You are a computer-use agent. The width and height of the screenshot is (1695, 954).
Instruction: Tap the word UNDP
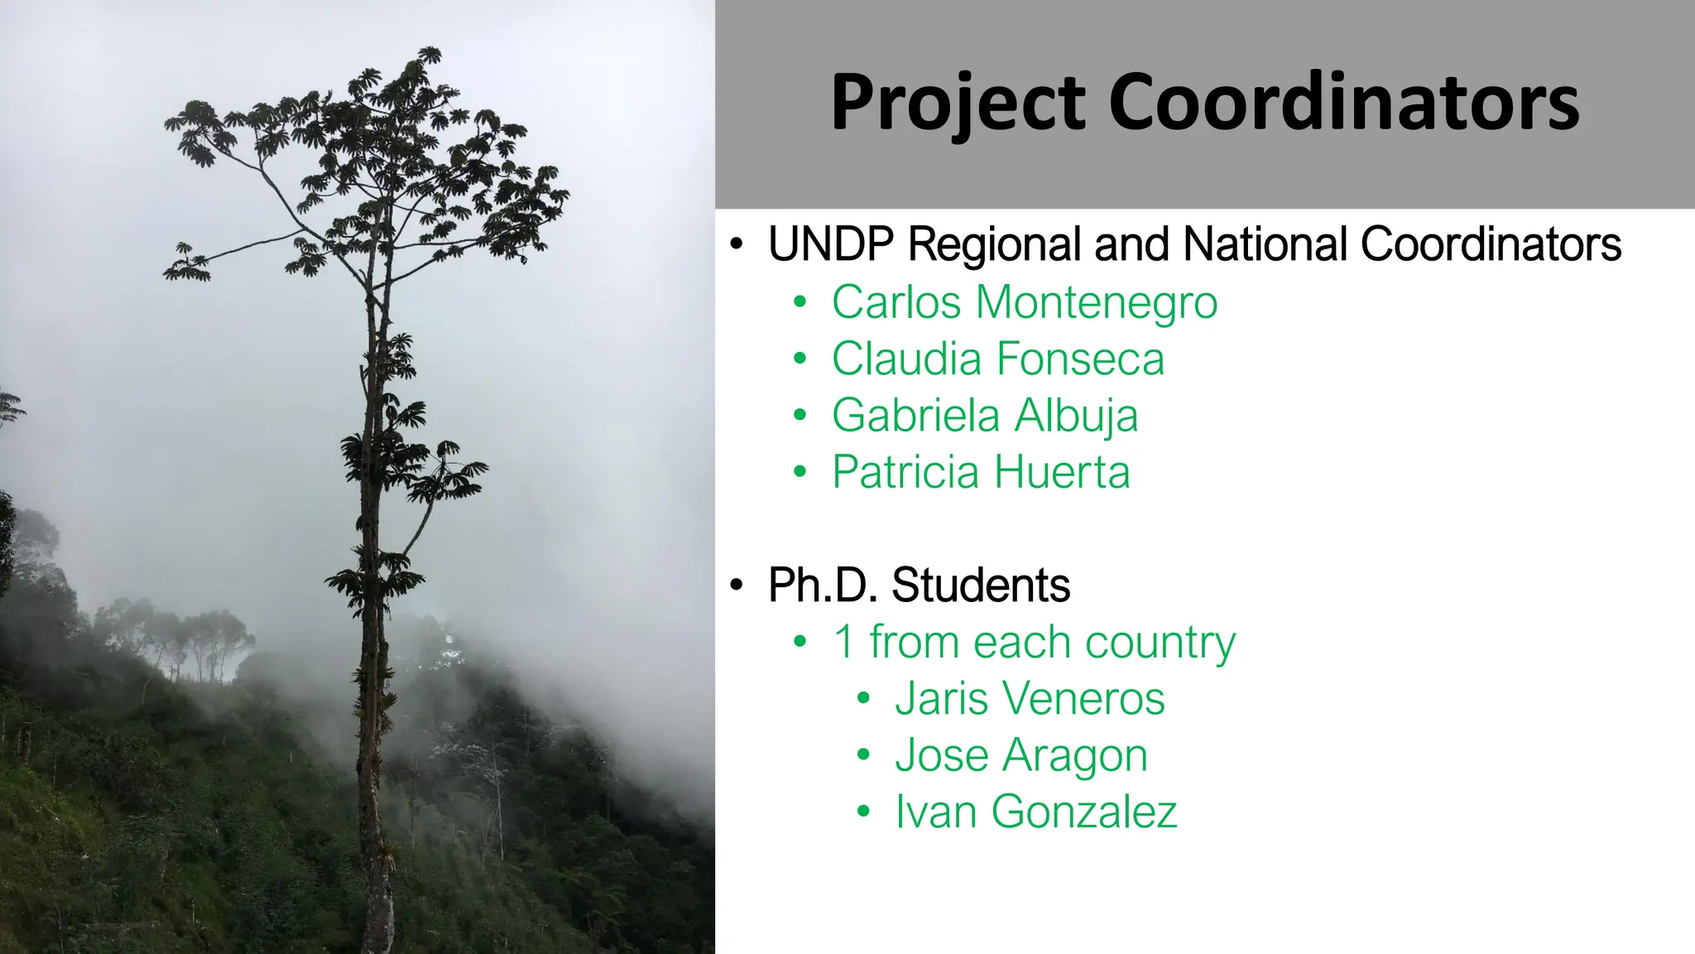[831, 244]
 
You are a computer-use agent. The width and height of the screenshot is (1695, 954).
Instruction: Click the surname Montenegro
[1097, 303]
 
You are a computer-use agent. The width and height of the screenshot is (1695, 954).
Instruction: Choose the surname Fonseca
[1081, 359]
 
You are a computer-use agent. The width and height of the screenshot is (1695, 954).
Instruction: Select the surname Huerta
[1062, 472]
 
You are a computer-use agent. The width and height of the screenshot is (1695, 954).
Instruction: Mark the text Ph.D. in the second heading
[823, 585]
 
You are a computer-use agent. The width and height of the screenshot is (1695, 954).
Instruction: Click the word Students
[981, 585]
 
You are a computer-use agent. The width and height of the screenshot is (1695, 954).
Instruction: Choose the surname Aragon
[1076, 756]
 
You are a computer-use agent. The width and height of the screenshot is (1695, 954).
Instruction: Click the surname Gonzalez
[1084, 812]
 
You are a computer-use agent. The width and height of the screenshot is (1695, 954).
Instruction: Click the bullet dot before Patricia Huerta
[799, 472]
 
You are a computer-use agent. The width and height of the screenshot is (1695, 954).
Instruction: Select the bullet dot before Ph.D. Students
[737, 585]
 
